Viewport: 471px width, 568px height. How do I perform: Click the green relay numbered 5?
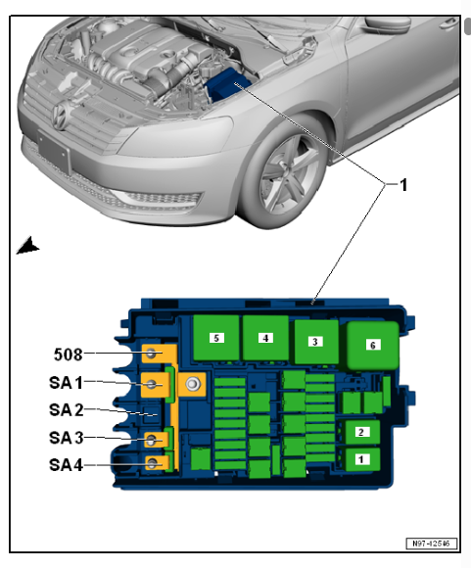(x=216, y=338)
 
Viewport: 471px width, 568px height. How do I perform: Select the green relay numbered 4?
(x=265, y=338)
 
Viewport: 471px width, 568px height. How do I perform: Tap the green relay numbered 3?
(x=316, y=342)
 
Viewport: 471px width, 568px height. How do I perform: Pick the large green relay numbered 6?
(x=373, y=346)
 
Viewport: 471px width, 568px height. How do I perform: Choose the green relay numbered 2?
(x=362, y=432)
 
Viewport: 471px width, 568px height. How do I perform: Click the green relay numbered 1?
(x=362, y=459)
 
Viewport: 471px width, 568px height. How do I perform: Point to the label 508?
(x=69, y=355)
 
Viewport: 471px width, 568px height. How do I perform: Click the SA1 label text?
(x=66, y=383)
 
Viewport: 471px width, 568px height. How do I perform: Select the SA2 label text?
(x=67, y=410)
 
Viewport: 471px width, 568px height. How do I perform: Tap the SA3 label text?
(x=67, y=438)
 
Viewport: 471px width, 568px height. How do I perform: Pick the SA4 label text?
(x=67, y=465)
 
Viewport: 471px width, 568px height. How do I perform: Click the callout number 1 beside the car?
(x=402, y=185)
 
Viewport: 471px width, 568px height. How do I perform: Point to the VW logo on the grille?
(x=60, y=115)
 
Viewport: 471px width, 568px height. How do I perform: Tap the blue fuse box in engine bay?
(x=227, y=84)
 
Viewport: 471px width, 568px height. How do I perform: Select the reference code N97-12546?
(x=431, y=544)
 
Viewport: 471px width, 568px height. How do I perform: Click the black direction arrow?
(x=28, y=246)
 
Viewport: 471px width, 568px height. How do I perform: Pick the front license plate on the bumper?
(x=53, y=152)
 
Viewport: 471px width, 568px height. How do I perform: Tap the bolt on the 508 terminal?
(x=151, y=354)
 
